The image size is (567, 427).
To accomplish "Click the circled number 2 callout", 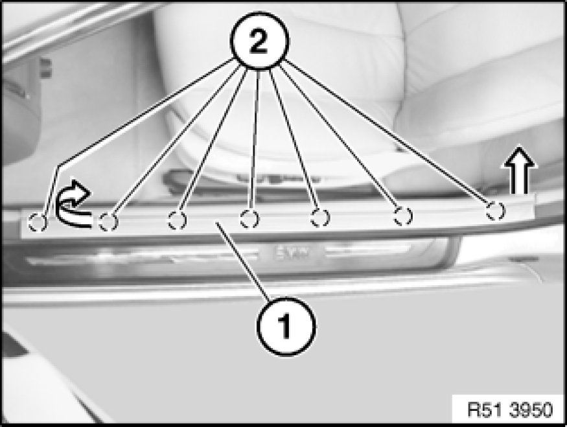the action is (259, 40).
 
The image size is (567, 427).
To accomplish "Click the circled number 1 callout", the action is (286, 327).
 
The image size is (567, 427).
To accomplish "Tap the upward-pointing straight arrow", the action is (519, 170).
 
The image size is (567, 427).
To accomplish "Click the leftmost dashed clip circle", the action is (37, 222).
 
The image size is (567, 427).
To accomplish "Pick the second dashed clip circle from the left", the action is (108, 222).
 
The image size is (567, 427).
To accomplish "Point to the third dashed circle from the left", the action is (177, 220).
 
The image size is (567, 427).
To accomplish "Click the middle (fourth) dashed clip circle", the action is (249, 219).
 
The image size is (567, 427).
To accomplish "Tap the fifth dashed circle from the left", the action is (320, 218).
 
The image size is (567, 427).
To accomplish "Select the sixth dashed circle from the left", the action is (403, 216).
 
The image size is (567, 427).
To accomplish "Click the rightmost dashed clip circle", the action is (495, 211).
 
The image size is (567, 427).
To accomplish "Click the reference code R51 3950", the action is (510, 410).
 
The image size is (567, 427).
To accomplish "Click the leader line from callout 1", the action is (243, 262).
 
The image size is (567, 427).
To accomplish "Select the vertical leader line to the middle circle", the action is (255, 141).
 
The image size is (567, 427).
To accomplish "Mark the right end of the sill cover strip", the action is (535, 206).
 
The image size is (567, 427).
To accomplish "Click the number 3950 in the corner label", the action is (531, 410).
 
